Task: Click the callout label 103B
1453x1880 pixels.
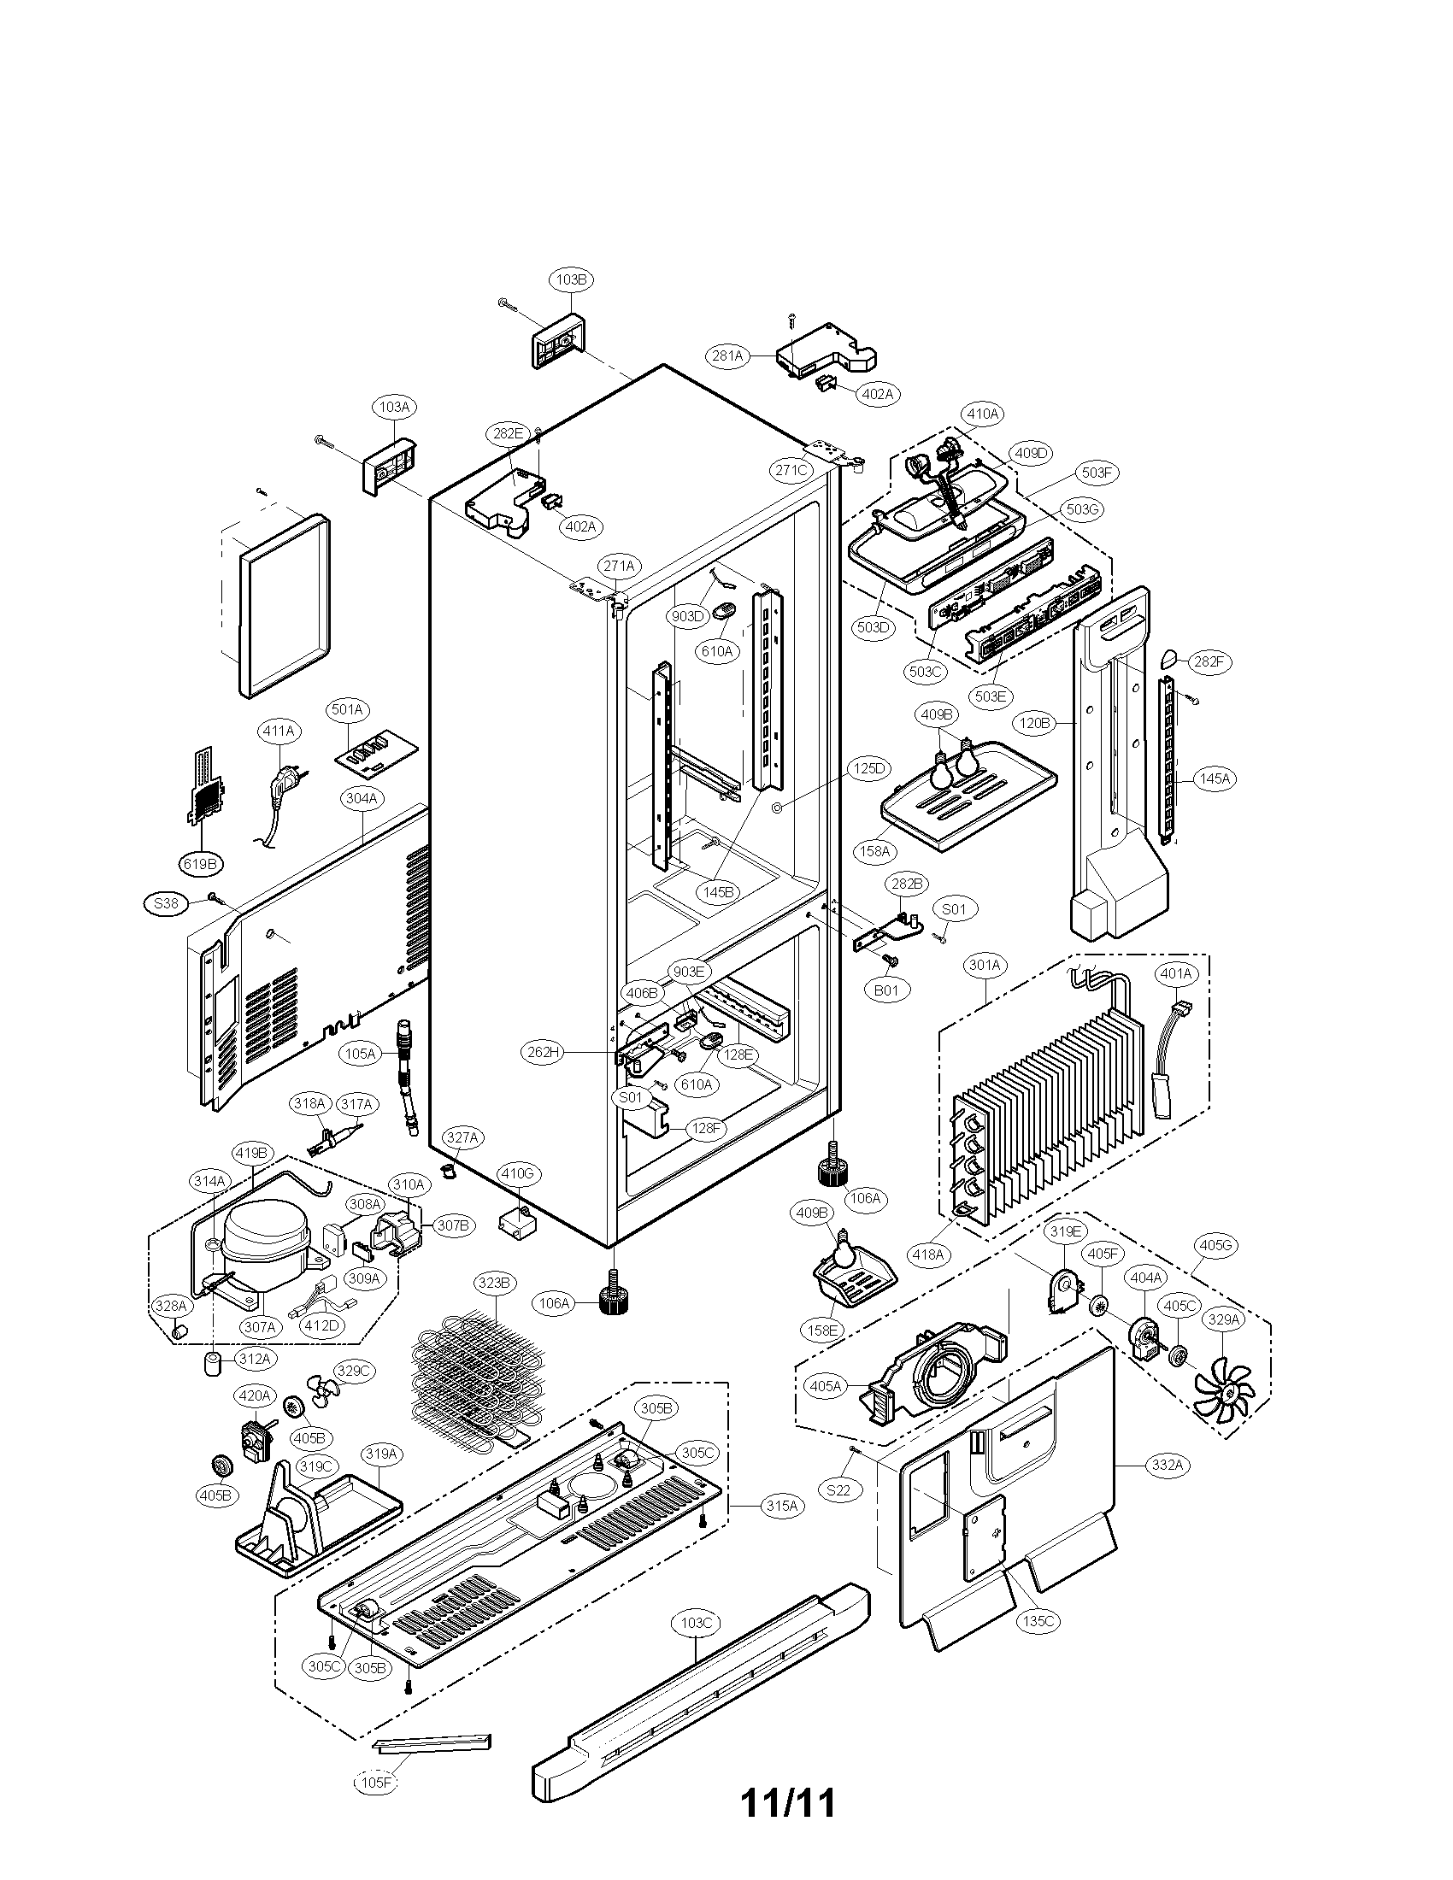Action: point(572,279)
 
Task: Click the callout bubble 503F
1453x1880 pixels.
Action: point(1097,473)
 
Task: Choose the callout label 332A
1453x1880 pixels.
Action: point(1166,1465)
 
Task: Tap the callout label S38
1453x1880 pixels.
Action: point(165,904)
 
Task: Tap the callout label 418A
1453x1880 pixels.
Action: point(928,1255)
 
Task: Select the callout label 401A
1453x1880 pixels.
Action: point(1175,973)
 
